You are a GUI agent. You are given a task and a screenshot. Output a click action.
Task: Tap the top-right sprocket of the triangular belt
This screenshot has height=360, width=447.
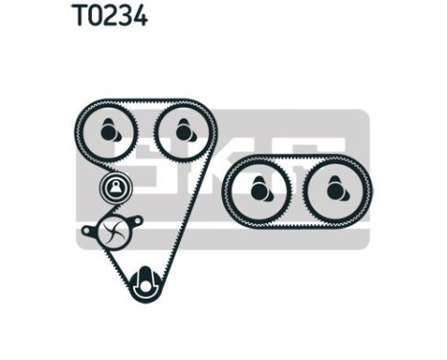click(176, 125)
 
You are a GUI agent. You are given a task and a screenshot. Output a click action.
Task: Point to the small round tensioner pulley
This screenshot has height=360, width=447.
click(115, 187)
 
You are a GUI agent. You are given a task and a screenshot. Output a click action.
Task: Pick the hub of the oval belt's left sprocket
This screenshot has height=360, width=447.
click(258, 191)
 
